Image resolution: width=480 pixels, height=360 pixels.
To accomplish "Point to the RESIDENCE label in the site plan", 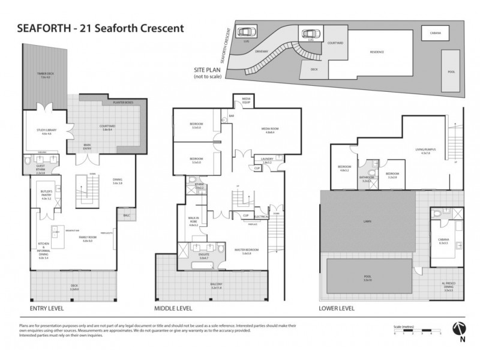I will tap(376, 52).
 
